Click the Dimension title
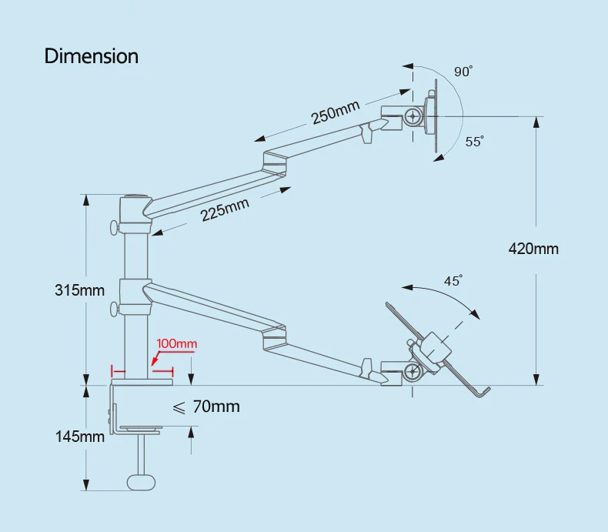pyautogui.click(x=92, y=56)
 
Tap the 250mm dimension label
pyautogui.click(x=336, y=113)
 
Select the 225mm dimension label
pyautogui.click(x=225, y=209)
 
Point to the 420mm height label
pyautogui.click(x=533, y=249)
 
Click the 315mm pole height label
pyautogui.click(x=79, y=290)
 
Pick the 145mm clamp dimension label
pyautogui.click(x=79, y=437)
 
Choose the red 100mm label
pyautogui.click(x=177, y=343)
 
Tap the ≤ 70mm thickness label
pyautogui.click(x=205, y=407)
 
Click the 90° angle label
pyautogui.click(x=463, y=72)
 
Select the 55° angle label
pyautogui.click(x=474, y=142)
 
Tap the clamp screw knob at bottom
pyautogui.click(x=139, y=481)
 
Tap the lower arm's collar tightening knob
pyautogui.click(x=115, y=309)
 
